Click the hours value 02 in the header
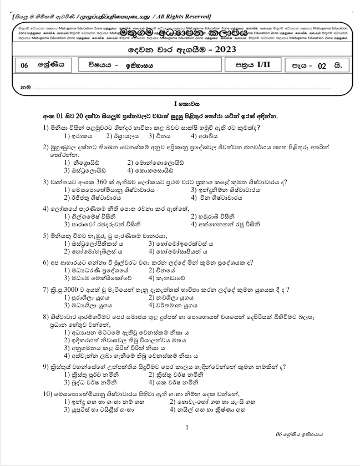pyautogui.click(x=322, y=66)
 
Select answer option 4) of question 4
pyautogui.click(x=194, y=224)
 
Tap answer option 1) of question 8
pyautogui.click(x=67, y=332)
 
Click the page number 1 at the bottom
pyautogui.click(x=187, y=427)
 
